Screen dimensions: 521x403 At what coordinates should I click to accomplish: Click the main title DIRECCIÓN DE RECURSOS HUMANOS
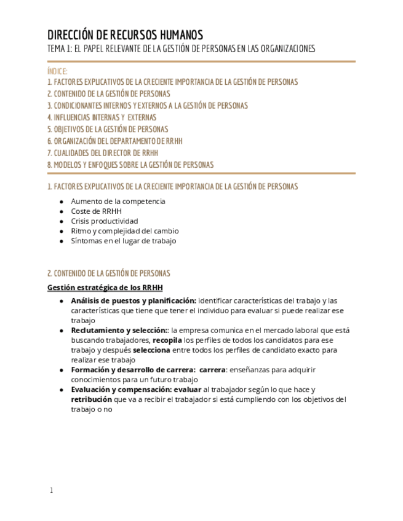pyautogui.click(x=125, y=35)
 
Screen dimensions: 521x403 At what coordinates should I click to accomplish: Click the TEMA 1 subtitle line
pyautogui.click(x=181, y=49)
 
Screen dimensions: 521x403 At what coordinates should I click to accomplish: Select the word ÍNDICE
pyautogui.click(x=57, y=71)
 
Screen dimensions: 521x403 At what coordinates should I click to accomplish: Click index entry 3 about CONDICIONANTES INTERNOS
pyautogui.click(x=148, y=106)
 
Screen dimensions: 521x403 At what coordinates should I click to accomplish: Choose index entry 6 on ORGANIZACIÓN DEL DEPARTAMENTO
pyautogui.click(x=115, y=141)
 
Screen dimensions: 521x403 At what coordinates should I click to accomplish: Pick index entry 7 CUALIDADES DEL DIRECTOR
pyautogui.click(x=103, y=153)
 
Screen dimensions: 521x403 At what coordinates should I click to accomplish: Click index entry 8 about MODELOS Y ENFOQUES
pyautogui.click(x=130, y=165)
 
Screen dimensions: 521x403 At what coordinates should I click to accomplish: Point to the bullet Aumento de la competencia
pyautogui.click(x=118, y=202)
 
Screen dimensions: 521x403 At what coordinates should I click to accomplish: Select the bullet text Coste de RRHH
pyautogui.click(x=96, y=211)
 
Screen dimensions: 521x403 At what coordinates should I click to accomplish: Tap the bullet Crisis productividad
pyautogui.click(x=105, y=221)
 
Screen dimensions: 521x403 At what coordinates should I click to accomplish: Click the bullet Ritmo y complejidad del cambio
pyautogui.click(x=125, y=231)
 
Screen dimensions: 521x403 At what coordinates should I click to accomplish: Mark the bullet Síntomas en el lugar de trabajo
pyautogui.click(x=123, y=241)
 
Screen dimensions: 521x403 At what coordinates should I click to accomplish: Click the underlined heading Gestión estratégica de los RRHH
pyautogui.click(x=105, y=288)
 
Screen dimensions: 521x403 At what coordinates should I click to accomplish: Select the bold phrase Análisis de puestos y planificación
pyautogui.click(x=134, y=301)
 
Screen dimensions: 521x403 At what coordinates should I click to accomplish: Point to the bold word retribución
pyautogui.click(x=92, y=399)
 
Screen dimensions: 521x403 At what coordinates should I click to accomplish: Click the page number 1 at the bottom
pyautogui.click(x=52, y=490)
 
